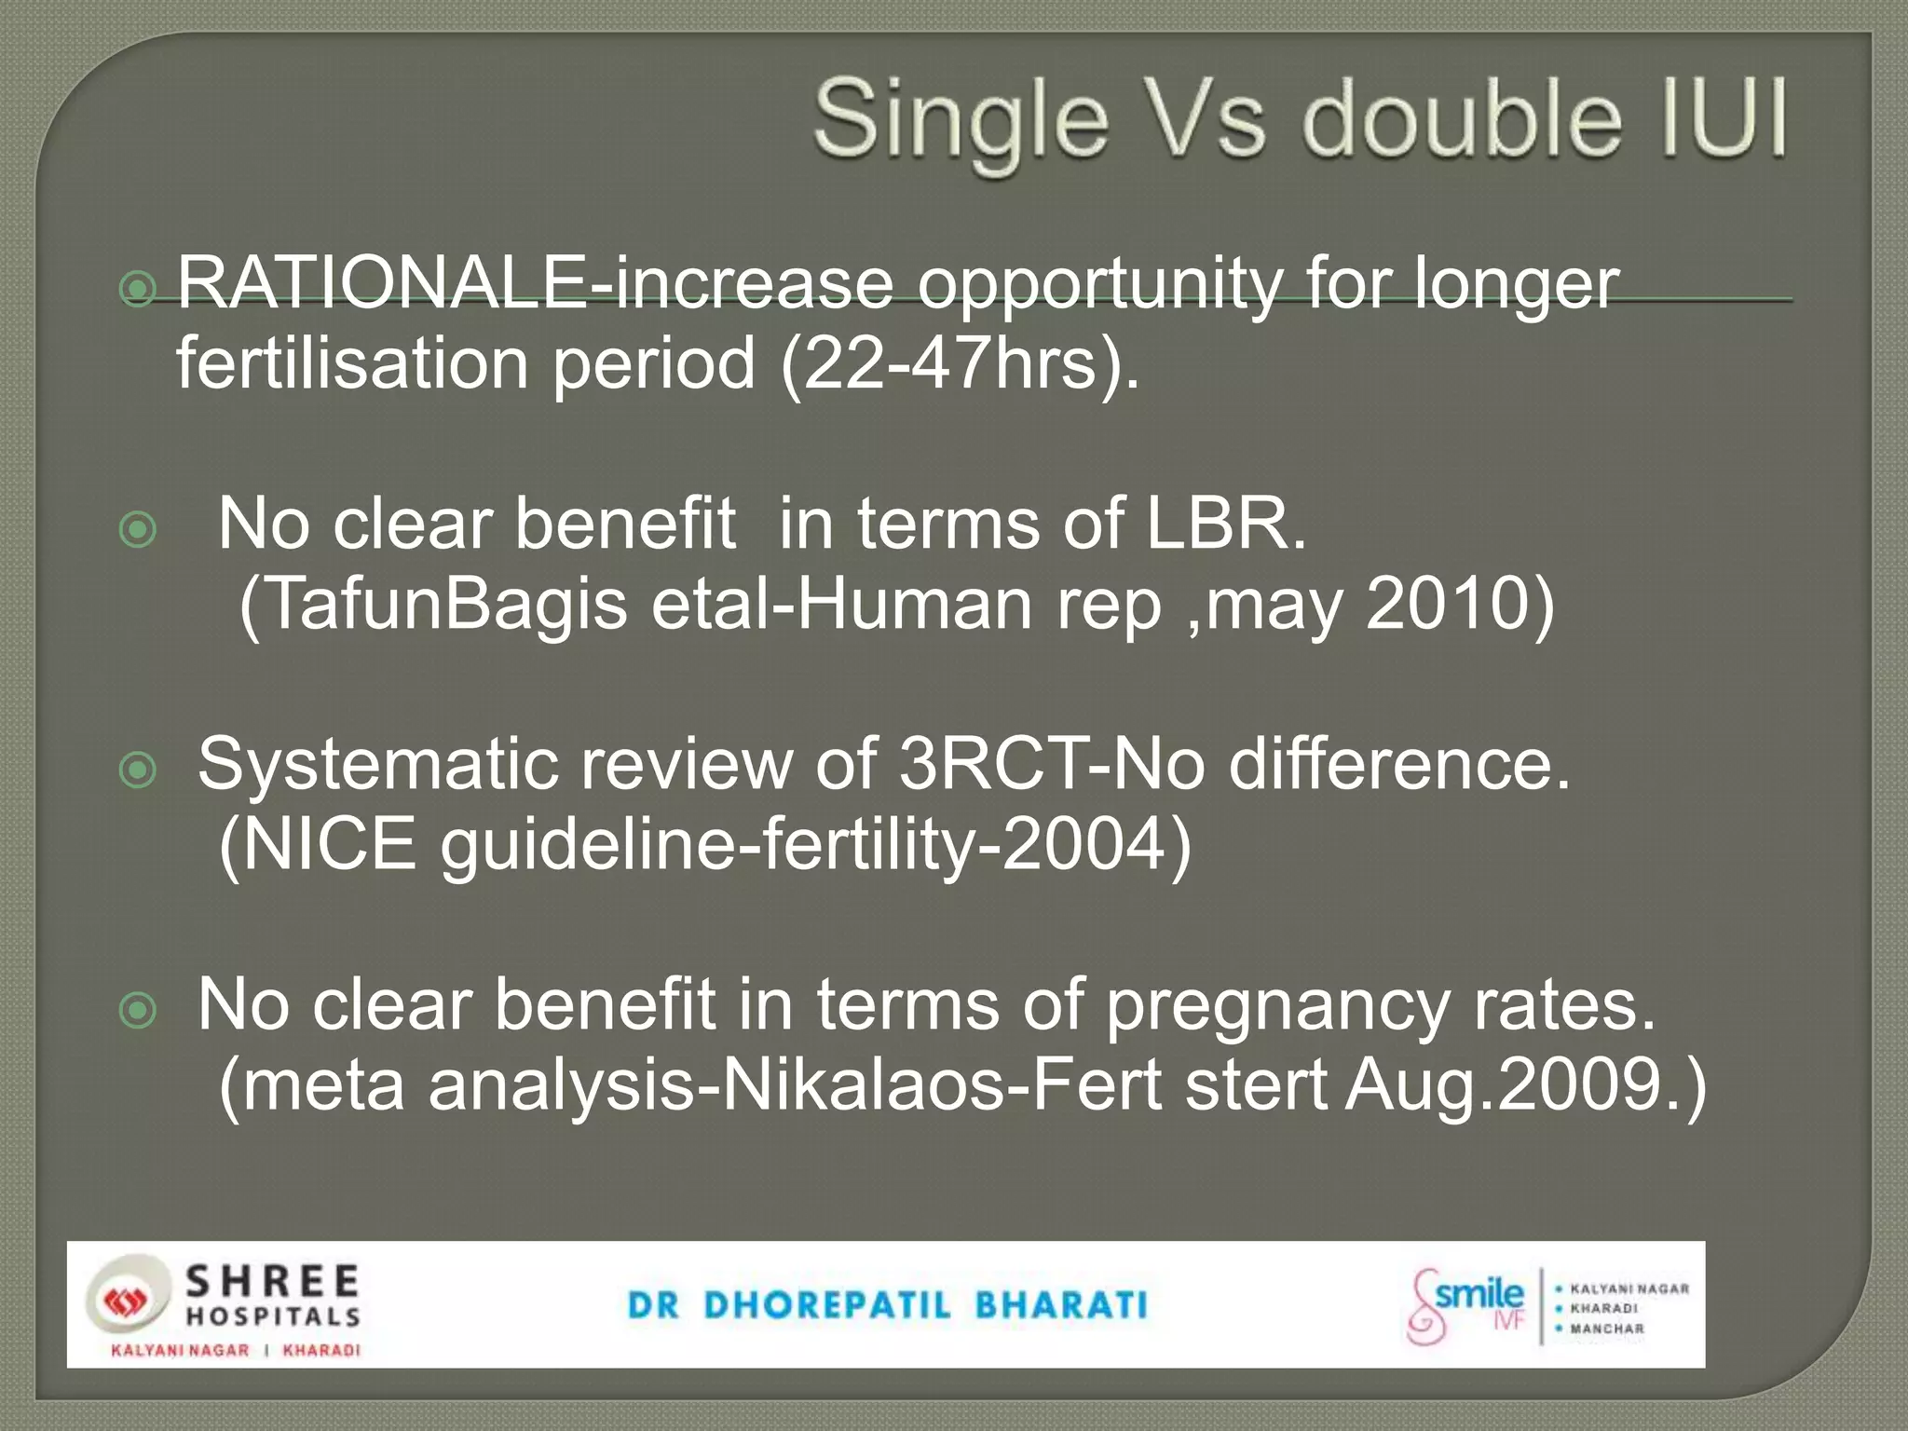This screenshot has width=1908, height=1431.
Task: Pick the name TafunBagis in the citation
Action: [434, 604]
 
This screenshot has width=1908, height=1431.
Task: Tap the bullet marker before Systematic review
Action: [139, 770]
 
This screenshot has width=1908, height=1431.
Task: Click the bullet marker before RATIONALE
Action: [139, 290]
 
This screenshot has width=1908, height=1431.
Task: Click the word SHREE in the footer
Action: [273, 1281]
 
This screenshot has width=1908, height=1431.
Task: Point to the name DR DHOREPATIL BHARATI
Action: [887, 1305]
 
